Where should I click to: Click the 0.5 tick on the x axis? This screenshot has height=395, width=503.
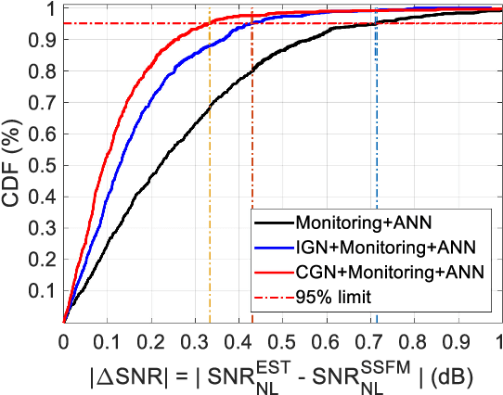point(282,340)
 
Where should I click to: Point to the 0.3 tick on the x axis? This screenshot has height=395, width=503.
point(195,340)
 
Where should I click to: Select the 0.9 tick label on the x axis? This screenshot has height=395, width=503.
point(458,340)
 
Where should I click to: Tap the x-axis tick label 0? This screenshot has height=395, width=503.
point(63,340)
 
